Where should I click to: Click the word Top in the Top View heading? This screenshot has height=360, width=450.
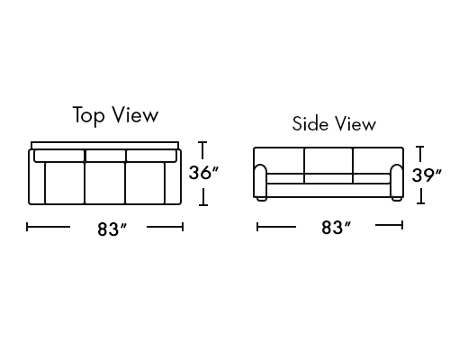89,115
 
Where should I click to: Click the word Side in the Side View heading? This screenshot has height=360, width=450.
310,123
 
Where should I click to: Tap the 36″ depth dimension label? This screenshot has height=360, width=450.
203,173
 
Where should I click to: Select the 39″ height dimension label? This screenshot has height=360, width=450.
427,175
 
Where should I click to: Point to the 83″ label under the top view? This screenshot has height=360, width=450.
112,229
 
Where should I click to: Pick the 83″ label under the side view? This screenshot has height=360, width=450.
336,228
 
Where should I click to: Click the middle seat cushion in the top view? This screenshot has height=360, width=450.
104,183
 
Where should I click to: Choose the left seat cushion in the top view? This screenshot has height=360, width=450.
65,183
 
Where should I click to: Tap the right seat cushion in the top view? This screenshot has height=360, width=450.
145,183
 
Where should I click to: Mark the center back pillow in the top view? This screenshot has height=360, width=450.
105,156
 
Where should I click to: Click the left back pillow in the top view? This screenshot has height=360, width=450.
59,156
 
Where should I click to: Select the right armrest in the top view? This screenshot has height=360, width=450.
173,183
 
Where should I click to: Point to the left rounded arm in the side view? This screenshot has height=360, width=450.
260,181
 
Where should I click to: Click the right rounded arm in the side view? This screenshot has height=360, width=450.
397,181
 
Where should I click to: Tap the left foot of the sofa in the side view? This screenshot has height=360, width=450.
261,199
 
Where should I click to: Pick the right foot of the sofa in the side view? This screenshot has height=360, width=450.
397,199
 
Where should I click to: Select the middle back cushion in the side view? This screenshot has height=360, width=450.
328,160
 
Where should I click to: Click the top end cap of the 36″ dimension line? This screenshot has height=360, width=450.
203,142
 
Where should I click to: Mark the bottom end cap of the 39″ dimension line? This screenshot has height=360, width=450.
420,203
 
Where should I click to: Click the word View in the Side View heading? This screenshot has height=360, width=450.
355,123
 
